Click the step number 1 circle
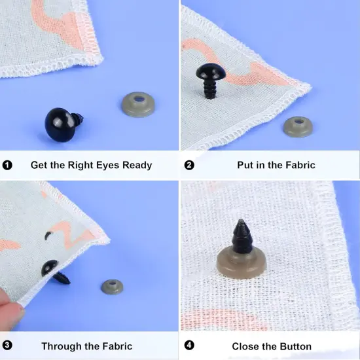coord(7,165)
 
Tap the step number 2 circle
coord(189,165)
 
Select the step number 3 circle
coord(7,346)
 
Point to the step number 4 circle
coord(189,346)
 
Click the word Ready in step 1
coord(135,165)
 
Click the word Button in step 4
coord(294,346)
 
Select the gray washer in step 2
coord(298,126)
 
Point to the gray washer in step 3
coord(112,287)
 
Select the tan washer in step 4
coord(241,265)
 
